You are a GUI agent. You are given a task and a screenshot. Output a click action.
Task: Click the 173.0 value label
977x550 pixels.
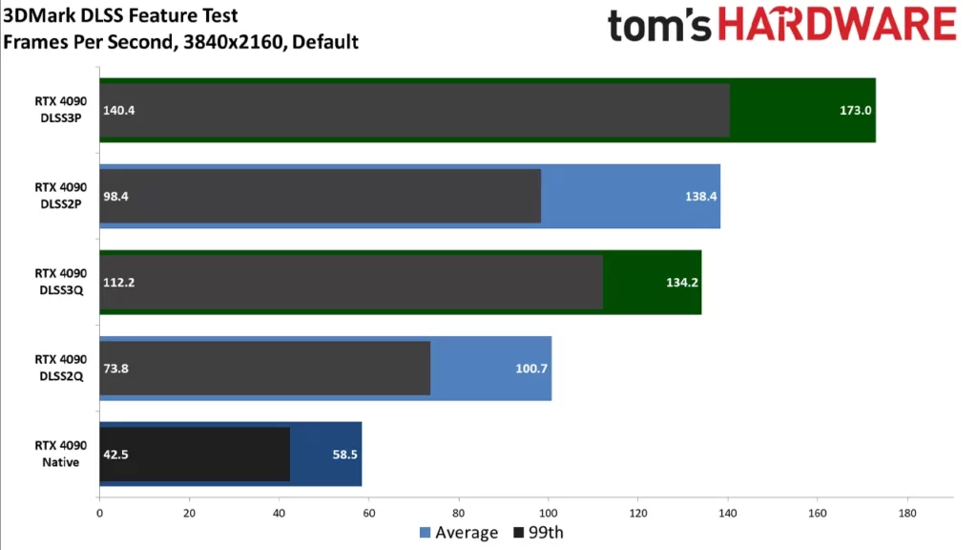coord(855,110)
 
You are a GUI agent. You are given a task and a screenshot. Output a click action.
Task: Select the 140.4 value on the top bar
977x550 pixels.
coord(119,110)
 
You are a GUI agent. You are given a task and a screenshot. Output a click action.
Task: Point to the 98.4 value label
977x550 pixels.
coord(116,196)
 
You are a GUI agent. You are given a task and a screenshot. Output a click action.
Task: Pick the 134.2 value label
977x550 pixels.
coord(681,282)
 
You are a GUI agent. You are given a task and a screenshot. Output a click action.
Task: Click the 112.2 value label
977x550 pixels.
coord(119,282)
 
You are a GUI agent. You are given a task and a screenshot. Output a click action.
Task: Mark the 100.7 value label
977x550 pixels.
coord(531,368)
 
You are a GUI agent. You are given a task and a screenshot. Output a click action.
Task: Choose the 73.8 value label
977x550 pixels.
coord(116,368)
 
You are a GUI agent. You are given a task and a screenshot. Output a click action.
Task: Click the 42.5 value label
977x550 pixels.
coord(116,454)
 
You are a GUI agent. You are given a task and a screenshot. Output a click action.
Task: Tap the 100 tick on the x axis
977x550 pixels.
coord(549,513)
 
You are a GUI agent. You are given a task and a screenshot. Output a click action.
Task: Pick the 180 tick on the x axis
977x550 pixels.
coord(907,513)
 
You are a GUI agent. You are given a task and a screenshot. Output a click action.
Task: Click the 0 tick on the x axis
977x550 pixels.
coord(99,513)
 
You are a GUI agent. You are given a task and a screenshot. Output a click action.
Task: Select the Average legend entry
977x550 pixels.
coord(458,532)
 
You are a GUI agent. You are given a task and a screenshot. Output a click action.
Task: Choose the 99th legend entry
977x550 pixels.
coord(539,532)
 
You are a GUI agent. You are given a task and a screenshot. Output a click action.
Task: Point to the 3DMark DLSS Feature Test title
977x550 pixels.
coord(121,16)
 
